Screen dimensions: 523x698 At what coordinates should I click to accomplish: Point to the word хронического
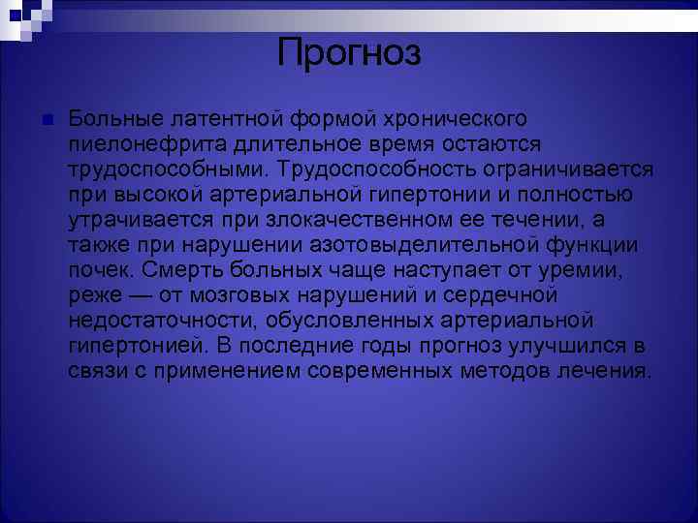[x=454, y=118]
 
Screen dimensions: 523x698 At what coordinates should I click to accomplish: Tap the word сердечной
[x=517, y=294]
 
